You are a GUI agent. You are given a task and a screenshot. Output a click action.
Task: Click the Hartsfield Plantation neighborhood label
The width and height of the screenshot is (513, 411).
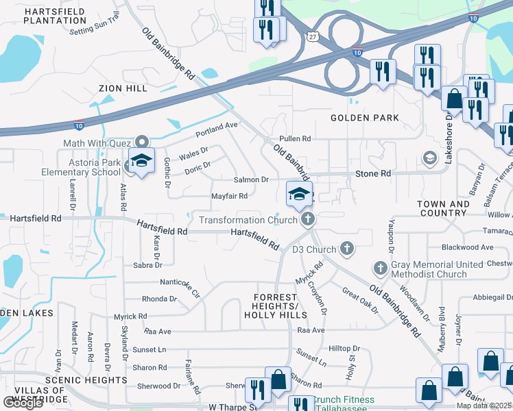55,15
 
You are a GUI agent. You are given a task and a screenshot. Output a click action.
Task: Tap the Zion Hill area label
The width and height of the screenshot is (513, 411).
123,88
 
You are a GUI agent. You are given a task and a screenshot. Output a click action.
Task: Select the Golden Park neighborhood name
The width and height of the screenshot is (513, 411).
365,118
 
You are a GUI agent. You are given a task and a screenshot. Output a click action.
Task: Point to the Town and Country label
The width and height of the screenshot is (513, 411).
443,208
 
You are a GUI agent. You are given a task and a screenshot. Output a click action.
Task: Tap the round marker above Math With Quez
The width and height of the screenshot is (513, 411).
142,142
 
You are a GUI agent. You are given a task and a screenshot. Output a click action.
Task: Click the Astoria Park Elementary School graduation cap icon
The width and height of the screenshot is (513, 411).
141,161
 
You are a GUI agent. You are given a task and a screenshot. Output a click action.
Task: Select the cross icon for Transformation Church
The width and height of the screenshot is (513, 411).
308,219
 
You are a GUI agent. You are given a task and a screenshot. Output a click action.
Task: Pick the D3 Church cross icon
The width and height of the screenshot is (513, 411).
347,248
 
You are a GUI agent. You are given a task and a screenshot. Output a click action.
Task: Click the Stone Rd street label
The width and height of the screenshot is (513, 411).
373,174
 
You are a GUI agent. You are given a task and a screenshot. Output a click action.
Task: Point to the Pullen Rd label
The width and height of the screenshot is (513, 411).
295,138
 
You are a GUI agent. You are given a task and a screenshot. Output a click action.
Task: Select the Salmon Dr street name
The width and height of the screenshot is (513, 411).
251,179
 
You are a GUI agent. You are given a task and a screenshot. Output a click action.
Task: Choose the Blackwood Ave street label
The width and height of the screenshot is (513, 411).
468,247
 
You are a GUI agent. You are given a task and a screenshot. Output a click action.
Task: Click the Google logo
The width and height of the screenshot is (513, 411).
23,403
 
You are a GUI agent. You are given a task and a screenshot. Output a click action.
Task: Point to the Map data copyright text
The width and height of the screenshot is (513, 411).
484,406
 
